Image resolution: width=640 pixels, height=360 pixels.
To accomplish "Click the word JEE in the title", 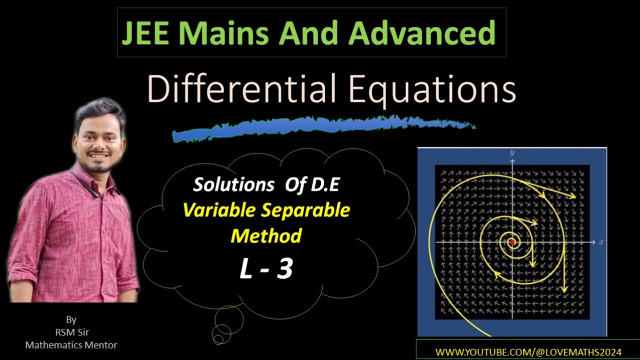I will (145, 33).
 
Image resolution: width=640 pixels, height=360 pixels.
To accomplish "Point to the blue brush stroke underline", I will (320, 128).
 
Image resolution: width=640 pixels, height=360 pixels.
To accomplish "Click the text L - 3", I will (265, 269).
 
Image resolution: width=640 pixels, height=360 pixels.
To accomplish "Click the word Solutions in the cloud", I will (233, 185).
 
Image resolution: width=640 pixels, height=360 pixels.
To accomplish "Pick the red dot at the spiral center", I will (511, 242).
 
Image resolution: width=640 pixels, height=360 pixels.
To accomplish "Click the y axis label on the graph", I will (512, 152).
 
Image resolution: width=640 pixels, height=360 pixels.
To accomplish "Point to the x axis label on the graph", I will (601, 242).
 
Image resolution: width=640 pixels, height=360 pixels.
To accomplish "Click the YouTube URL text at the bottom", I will (528, 352).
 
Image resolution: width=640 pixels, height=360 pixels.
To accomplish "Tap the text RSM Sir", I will (70, 332).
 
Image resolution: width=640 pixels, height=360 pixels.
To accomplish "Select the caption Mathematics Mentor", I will (71, 344).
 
